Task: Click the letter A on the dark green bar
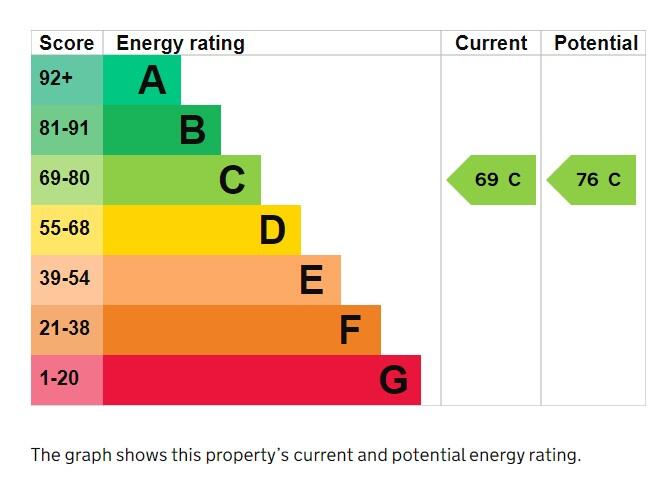[x=152, y=80]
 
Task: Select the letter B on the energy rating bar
[x=192, y=130]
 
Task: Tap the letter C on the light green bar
[x=232, y=180]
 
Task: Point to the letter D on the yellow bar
[x=272, y=230]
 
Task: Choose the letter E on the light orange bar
[x=311, y=280]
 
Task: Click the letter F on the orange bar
[x=349, y=330]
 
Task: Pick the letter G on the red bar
[x=393, y=380]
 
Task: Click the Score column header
[x=66, y=43]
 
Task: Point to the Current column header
[x=490, y=43]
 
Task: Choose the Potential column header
[x=595, y=43]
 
